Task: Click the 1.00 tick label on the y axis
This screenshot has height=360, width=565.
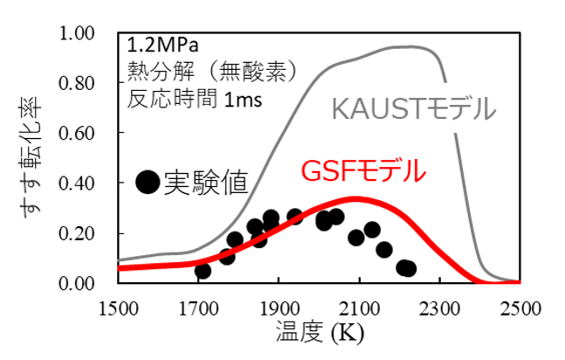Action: [89, 34]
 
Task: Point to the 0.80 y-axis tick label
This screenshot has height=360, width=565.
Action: [89, 84]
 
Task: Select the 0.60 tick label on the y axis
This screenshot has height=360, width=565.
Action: [89, 134]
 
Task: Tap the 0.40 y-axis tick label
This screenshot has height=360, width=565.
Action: [89, 183]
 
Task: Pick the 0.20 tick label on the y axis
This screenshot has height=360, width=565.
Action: [89, 233]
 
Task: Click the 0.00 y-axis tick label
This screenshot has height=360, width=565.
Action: [89, 283]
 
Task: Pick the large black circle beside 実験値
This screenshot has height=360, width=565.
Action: [148, 183]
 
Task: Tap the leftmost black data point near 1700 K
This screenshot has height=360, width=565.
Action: [203, 271]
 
